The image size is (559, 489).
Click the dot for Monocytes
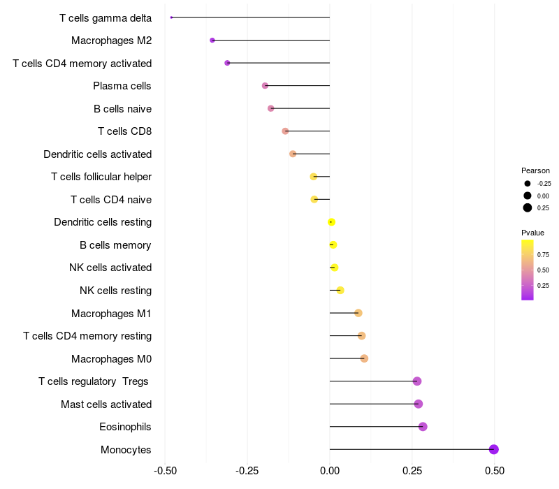coord(494,449)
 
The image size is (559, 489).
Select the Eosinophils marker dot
coord(423,427)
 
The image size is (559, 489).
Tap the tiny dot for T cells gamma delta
coord(171,17)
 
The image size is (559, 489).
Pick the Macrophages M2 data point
coord(212,41)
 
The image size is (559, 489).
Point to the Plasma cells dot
coord(265,86)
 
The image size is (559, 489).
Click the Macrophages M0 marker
coord(364,358)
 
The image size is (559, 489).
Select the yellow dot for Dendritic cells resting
coord(331,222)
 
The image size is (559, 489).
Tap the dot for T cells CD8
coord(285,131)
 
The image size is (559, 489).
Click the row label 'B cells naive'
coord(122,109)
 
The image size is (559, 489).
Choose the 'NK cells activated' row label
coord(110,268)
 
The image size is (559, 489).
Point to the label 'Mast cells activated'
coord(106,404)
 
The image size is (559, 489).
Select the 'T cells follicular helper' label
coord(101,177)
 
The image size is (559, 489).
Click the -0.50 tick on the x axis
coord(165,470)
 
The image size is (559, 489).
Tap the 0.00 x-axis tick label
coord(330,470)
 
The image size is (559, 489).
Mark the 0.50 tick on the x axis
coord(495,470)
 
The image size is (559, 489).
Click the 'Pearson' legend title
coord(535,170)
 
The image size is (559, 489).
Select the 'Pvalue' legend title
coord(532,233)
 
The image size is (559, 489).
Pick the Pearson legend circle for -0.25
coord(528,184)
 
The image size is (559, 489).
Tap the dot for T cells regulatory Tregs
coord(417,381)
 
